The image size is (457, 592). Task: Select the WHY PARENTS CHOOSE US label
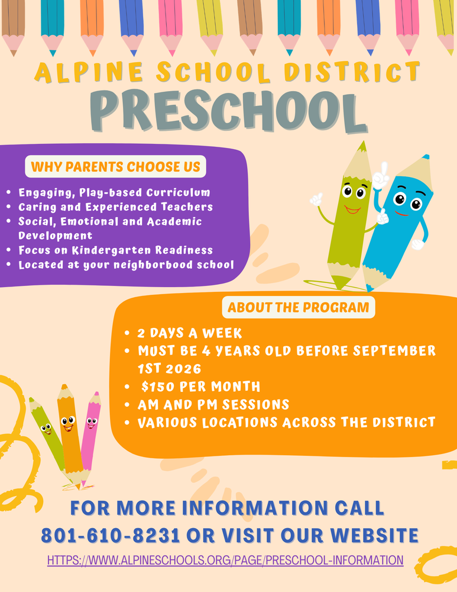click(x=115, y=166)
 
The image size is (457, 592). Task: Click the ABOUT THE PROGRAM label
click(x=298, y=307)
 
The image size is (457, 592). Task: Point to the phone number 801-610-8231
click(x=110, y=535)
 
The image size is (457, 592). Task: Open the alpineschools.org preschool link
click(x=225, y=559)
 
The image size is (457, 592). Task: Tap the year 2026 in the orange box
click(x=174, y=368)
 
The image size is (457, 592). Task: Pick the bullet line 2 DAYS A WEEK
click(x=189, y=333)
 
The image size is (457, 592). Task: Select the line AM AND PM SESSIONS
click(x=213, y=404)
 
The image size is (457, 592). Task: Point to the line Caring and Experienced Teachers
click(x=115, y=207)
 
